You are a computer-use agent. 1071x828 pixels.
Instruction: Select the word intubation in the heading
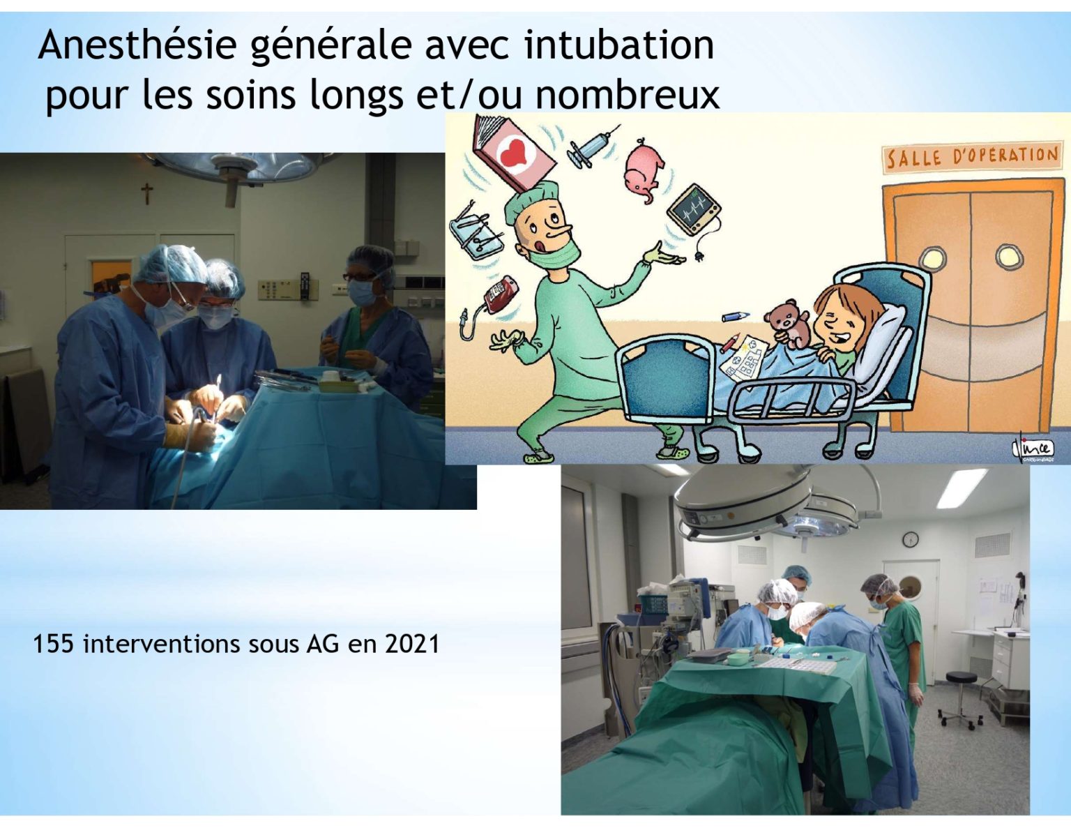(619, 45)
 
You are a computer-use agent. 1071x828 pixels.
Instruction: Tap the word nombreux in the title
(628, 95)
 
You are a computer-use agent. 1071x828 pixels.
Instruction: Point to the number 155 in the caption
(54, 644)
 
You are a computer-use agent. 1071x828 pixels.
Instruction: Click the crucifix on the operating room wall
(146, 193)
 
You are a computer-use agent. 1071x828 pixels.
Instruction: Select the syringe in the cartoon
(592, 145)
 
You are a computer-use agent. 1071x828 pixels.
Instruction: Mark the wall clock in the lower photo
(911, 539)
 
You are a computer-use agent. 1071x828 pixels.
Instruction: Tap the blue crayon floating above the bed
(736, 317)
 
